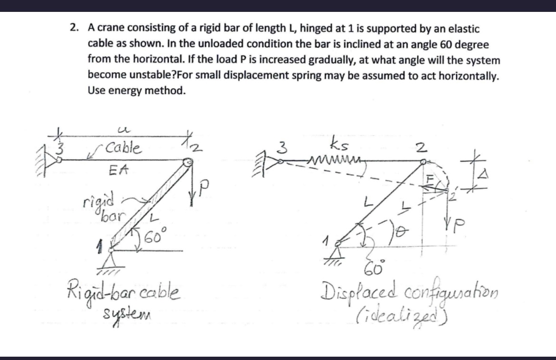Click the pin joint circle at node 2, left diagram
189,163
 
